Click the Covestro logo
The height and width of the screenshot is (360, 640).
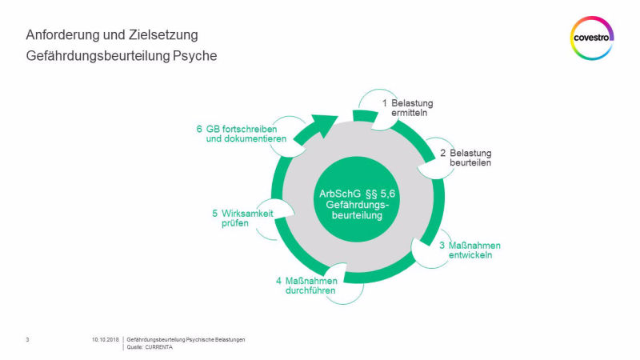click(592, 38)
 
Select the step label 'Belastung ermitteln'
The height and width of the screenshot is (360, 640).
click(412, 108)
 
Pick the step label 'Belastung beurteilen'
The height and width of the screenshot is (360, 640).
click(470, 158)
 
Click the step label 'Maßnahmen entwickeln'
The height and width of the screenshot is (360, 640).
click(474, 250)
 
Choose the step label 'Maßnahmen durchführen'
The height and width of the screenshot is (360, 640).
click(311, 286)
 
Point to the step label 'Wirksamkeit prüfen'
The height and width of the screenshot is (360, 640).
click(247, 218)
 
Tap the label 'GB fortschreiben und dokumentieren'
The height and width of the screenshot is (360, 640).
click(246, 134)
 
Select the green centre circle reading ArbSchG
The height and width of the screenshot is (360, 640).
click(357, 199)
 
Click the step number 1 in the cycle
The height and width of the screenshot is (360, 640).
click(385, 103)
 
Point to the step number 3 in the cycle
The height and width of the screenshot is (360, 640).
click(442, 246)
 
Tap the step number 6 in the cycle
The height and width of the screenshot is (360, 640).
click(199, 129)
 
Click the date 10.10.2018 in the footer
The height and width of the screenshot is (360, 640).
click(106, 339)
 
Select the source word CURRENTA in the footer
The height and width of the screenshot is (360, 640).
click(158, 347)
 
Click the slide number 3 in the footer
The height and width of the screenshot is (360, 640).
click(27, 339)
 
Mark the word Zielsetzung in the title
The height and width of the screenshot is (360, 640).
click(163, 35)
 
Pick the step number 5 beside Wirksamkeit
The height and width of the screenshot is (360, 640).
click(214, 214)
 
